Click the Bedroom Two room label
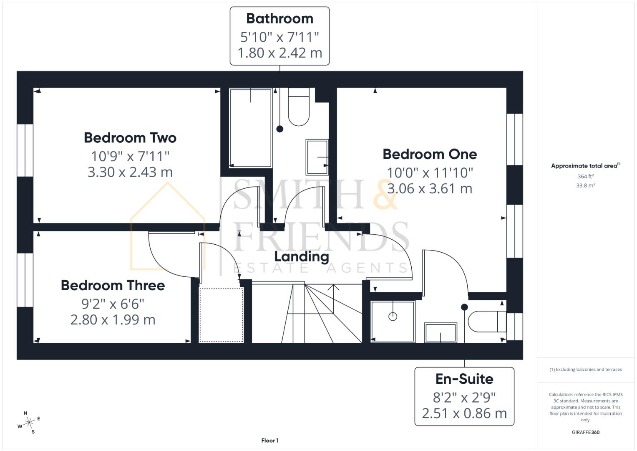[x=130, y=138]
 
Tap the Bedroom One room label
[x=430, y=154]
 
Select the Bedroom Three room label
[x=113, y=285]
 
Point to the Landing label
[x=302, y=256]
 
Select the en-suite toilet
[x=486, y=321]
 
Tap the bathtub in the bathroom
[x=250, y=127]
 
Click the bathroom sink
[x=317, y=157]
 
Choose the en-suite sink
[x=441, y=332]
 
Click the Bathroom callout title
[x=279, y=18]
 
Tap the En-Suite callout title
[x=464, y=379]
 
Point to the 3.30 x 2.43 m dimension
[x=130, y=172]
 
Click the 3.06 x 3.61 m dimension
[x=430, y=188]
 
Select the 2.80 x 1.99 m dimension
[x=113, y=319]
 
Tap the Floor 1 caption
[x=270, y=440]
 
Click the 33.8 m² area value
[x=585, y=185]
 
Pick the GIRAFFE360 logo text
[x=585, y=432]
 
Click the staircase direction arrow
[x=333, y=287]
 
